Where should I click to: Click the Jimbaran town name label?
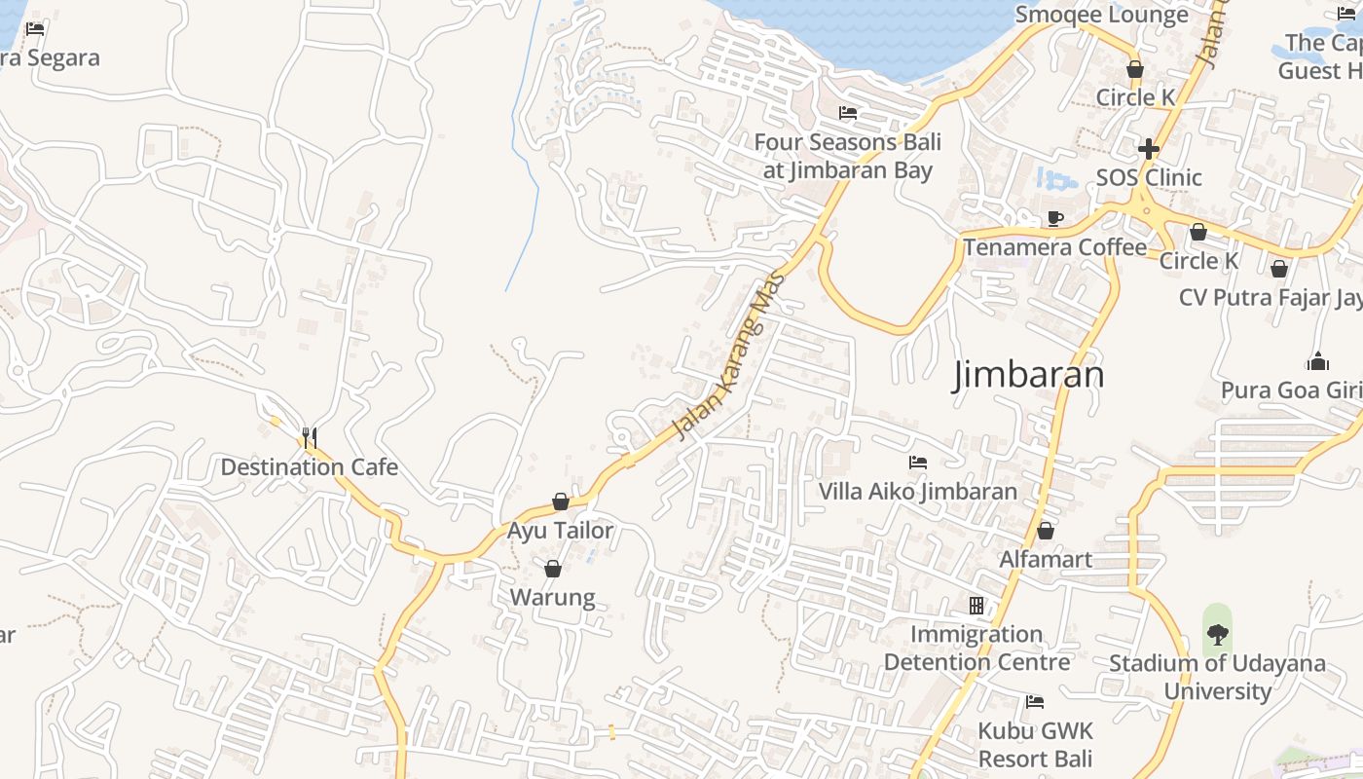pos(1028,375)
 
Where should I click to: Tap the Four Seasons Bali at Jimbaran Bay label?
pos(847,156)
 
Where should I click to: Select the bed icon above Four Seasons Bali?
pos(848,113)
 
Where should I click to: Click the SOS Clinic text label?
pos(1149,177)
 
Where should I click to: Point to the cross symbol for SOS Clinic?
pos(1149,149)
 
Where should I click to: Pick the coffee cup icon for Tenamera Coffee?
pos(1055,218)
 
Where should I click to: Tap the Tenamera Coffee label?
pos(1055,247)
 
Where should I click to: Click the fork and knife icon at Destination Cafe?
pos(310,437)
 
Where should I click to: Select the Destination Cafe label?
pos(310,467)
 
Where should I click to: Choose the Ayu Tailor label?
pos(561,531)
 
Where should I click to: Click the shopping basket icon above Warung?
pos(553,569)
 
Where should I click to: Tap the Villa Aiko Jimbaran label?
pos(917,492)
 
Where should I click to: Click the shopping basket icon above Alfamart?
pos(1046,531)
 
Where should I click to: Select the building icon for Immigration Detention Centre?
pos(976,606)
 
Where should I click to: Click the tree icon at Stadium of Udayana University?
pos(1217,634)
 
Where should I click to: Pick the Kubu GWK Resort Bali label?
pos(1035,745)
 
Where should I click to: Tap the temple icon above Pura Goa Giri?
pos(1319,361)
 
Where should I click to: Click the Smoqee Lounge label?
pos(1101,15)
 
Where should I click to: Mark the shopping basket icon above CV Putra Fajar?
pos(1279,268)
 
